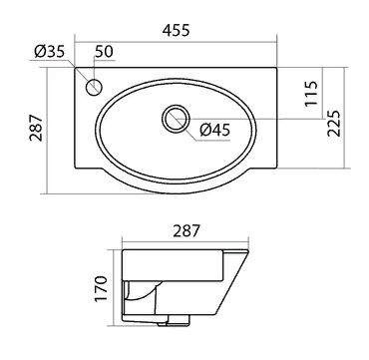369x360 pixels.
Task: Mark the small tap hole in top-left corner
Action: [96, 87]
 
